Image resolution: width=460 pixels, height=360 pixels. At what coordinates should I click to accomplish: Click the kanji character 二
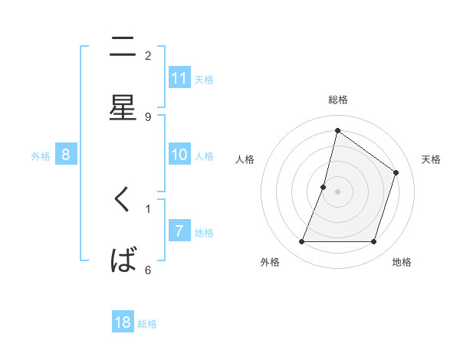point(123,47)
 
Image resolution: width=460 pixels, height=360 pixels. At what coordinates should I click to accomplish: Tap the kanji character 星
point(123,107)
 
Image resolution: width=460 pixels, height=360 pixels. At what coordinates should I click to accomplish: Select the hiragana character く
point(123,201)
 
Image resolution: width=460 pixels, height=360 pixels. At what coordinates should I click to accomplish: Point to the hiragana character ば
point(123,260)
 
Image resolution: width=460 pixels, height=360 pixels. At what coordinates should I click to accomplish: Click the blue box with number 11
point(179,77)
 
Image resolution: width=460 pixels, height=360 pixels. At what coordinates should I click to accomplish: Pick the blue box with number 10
point(179,155)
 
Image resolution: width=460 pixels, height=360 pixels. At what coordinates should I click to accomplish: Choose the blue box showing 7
point(179,231)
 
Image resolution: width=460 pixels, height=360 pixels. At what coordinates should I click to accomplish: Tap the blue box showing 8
point(66,155)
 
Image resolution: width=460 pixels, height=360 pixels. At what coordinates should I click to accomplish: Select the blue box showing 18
point(123,322)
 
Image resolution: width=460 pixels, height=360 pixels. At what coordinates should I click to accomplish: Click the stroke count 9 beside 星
point(148,117)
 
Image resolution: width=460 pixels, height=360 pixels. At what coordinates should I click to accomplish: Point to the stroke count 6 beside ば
point(148,270)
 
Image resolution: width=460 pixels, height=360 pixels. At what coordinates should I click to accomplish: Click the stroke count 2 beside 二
point(148,56)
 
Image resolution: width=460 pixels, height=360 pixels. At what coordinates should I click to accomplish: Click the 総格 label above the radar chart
point(338,100)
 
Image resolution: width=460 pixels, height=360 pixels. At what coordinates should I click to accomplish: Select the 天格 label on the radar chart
point(432,159)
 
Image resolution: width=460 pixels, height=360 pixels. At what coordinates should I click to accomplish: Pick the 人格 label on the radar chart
point(245,159)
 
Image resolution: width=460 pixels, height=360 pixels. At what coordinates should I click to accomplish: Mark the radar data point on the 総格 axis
point(337,130)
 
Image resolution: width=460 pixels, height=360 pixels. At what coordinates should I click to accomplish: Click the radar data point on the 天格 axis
point(396,172)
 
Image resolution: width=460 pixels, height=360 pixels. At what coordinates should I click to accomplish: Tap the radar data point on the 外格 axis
point(301,242)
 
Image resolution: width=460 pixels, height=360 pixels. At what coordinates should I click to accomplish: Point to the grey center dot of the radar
point(337,191)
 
